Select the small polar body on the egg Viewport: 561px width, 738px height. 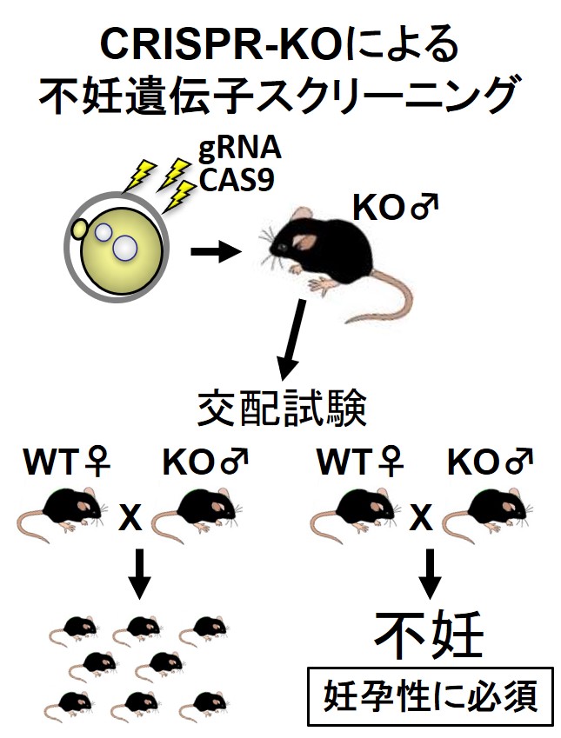click(77, 229)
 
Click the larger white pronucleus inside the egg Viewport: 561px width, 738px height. click(124, 249)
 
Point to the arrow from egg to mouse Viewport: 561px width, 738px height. click(216, 252)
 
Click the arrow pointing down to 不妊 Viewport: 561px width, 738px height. click(429, 575)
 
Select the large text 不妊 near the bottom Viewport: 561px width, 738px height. click(429, 637)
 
